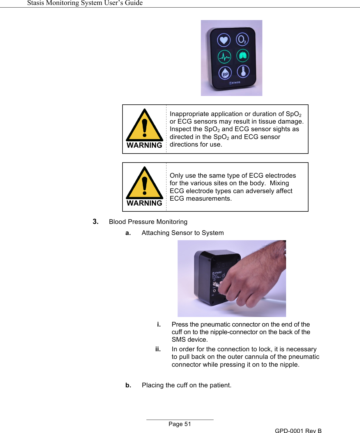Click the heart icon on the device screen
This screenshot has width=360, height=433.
[x=224, y=40]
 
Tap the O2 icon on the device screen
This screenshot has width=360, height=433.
[x=242, y=39]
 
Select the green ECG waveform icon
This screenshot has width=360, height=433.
[x=224, y=57]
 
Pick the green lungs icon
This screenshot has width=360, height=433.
[x=243, y=56]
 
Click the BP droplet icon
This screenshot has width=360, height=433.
[x=225, y=74]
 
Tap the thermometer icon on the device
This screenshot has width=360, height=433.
[x=243, y=72]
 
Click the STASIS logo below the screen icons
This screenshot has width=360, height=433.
[x=235, y=83]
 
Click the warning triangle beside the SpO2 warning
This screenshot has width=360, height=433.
[x=144, y=125]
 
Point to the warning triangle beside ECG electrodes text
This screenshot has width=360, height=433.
[x=144, y=183]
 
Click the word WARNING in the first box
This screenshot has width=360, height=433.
[x=144, y=145]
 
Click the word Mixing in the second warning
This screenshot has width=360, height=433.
[x=279, y=183]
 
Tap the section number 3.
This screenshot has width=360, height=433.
[x=95, y=222]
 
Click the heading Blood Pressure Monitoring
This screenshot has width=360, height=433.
[x=148, y=222]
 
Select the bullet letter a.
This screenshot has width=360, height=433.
[x=128, y=233]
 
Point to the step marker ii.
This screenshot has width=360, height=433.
[x=158, y=349]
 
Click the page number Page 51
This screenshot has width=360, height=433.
[x=180, y=424]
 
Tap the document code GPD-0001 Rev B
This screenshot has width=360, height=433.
[x=298, y=431]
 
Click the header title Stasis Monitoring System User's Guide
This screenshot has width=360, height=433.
[x=85, y=3]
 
